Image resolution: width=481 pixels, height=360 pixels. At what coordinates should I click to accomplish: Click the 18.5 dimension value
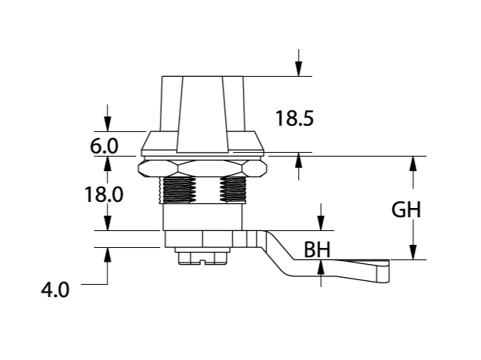[x=295, y=119]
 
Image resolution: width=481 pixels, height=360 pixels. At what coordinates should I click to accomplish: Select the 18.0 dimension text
[x=104, y=195]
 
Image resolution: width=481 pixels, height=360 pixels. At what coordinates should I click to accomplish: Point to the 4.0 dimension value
[x=55, y=290]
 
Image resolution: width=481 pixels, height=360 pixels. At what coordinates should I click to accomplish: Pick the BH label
[x=317, y=250]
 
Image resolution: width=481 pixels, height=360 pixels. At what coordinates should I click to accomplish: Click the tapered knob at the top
[x=202, y=107]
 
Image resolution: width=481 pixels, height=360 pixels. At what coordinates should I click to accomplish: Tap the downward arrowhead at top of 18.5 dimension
[x=299, y=69]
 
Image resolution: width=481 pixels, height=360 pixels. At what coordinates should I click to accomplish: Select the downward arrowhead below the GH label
[x=413, y=253]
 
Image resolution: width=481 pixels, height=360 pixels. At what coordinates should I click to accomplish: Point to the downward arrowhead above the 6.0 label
[x=108, y=124]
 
